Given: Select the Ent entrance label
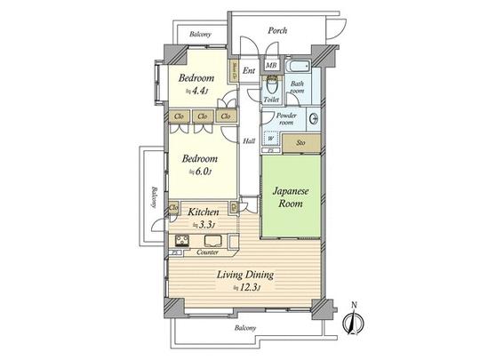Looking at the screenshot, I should tap(250, 69).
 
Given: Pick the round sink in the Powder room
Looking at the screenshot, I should tap(313, 118).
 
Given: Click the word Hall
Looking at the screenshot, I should tap(250, 139).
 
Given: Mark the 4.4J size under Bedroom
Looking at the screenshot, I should tap(197, 91).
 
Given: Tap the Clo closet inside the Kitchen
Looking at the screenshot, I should tap(172, 208).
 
